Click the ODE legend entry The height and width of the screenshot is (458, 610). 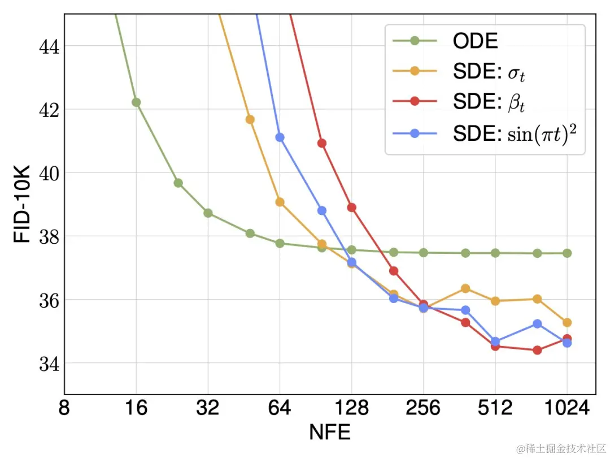click(475, 41)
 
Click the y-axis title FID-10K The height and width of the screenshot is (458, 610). click(22, 204)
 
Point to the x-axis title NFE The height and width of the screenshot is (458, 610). click(330, 432)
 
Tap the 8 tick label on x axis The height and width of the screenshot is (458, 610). click(64, 408)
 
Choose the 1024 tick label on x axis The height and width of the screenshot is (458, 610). click(567, 408)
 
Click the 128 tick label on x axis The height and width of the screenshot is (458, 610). click(351, 408)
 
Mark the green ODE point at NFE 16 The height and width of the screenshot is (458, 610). click(136, 102)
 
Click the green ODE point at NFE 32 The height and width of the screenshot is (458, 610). click(208, 213)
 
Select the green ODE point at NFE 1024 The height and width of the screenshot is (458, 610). click(567, 253)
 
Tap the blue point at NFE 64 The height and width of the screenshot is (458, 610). click(280, 137)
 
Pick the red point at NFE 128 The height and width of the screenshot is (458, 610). click(351, 208)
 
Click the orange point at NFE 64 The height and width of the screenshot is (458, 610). click(280, 202)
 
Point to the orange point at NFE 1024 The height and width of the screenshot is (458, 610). click(567, 322)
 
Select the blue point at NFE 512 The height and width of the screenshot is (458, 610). click(495, 342)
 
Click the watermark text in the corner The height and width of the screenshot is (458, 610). click(559, 448)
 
